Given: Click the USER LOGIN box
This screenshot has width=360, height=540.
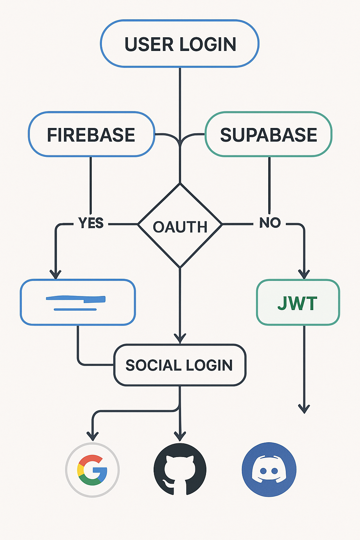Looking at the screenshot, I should click(x=180, y=44).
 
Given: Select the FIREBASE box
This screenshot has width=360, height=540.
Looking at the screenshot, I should click(x=91, y=135).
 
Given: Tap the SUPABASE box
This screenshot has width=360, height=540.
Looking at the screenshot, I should click(x=268, y=135).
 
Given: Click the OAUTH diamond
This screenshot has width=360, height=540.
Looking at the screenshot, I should click(x=180, y=226).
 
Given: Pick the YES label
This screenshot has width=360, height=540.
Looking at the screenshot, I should click(x=91, y=223).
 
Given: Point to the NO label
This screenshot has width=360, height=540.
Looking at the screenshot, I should click(x=270, y=223).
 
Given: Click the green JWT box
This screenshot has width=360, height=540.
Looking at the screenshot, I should click(x=298, y=303).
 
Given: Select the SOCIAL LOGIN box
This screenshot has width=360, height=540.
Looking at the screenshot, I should click(x=180, y=365).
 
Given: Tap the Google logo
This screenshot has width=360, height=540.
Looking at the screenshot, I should click(x=92, y=470).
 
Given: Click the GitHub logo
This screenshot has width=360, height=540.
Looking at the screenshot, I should click(x=180, y=470).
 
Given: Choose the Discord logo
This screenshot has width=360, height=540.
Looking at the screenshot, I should click(x=269, y=470).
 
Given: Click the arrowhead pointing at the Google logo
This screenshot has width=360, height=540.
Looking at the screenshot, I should click(x=92, y=436).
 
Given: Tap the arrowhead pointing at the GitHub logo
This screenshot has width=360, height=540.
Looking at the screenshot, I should click(x=180, y=436).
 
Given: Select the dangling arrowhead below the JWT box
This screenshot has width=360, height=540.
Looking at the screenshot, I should click(x=304, y=409).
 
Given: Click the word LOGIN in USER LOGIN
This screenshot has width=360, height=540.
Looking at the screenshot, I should click(x=207, y=44).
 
